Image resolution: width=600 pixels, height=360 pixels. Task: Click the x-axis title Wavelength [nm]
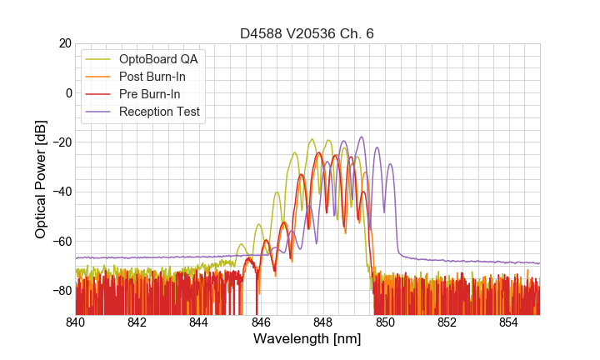click(307, 339)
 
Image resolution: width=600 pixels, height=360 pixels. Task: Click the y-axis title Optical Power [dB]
click(41, 179)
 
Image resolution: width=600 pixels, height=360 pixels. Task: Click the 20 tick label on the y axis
click(63, 43)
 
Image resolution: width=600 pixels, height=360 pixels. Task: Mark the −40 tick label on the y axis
click(60, 192)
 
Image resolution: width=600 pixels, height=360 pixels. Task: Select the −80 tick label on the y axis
click(60, 291)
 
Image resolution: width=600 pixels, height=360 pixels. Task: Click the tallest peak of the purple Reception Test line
click(362, 137)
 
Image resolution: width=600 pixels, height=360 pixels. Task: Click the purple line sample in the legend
click(99, 112)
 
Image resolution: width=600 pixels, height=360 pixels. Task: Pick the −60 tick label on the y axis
click(60, 242)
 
